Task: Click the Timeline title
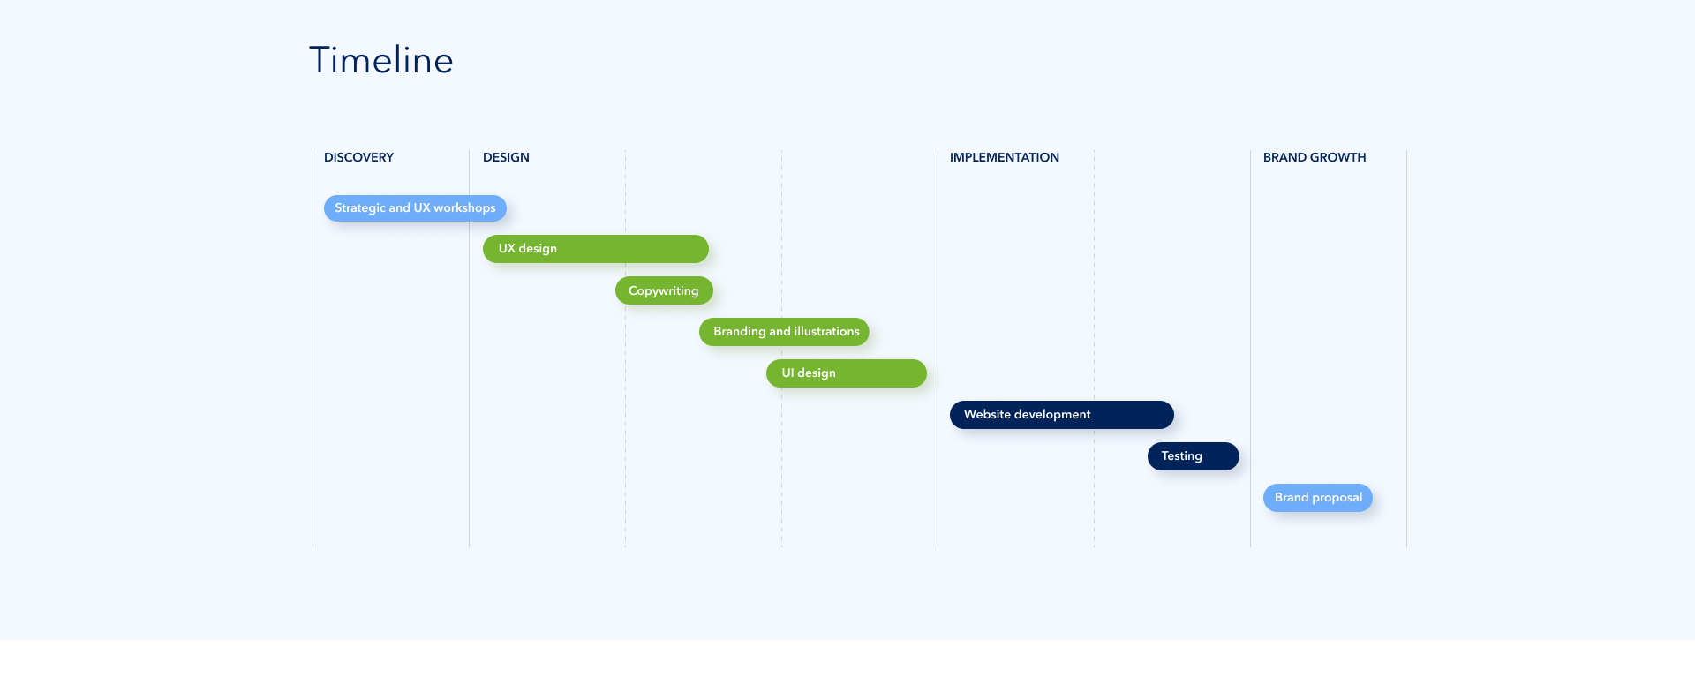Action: point(381,60)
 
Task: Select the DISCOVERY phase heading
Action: point(358,157)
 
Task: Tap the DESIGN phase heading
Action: point(506,157)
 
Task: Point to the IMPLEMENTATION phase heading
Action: point(1005,157)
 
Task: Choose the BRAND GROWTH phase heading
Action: point(1315,157)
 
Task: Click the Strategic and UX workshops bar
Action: point(415,208)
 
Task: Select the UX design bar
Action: point(596,249)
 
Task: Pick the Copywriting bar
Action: point(664,290)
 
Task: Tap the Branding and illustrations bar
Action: point(784,332)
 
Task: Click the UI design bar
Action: point(847,373)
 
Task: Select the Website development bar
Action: point(1062,415)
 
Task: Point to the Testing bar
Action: point(1194,456)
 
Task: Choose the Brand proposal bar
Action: point(1318,498)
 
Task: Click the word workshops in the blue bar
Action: point(464,208)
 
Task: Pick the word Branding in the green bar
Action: point(740,332)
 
